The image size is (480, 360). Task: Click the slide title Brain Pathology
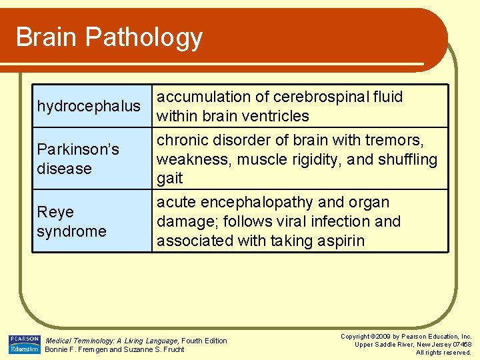coord(109,37)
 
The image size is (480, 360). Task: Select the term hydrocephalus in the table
coord(89,107)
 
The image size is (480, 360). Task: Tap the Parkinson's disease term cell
coord(78,159)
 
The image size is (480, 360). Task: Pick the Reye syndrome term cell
coord(71,221)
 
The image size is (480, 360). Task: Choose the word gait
coord(169,179)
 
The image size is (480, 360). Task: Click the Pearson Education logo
coord(25,345)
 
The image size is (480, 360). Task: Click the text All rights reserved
coord(443,353)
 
